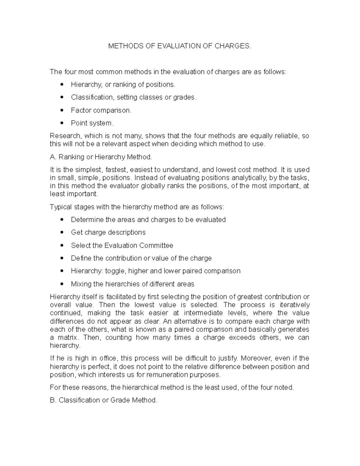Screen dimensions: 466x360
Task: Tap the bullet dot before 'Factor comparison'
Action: pyautogui.click(x=62, y=110)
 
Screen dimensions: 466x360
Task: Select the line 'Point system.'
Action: pyautogui.click(x=92, y=123)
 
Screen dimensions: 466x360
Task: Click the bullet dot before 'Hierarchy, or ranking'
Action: pyautogui.click(x=62, y=84)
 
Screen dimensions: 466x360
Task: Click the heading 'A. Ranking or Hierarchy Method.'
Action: pyautogui.click(x=101, y=157)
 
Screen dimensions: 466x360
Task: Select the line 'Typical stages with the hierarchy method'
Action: pyautogui.click(x=137, y=207)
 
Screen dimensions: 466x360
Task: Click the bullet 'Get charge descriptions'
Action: pyautogui.click(x=108, y=232)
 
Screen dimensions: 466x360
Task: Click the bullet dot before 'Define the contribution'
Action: pyautogui.click(x=62, y=258)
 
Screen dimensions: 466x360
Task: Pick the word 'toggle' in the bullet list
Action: pyautogui.click(x=115, y=271)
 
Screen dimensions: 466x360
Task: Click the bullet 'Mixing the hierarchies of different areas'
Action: pyautogui.click(x=133, y=284)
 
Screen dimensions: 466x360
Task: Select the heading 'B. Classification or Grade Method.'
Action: pyautogui.click(x=103, y=400)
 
